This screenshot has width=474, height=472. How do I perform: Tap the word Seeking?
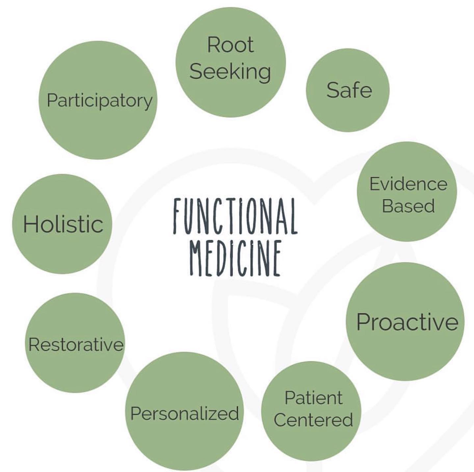click(230, 71)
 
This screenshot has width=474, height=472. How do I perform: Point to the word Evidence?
click(408, 184)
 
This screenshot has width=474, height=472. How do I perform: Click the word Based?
click(408, 206)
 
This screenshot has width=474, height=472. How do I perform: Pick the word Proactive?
click(407, 322)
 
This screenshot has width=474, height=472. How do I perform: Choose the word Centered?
click(313, 420)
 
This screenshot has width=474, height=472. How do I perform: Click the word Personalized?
click(185, 414)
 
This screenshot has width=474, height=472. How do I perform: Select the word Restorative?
click(76, 345)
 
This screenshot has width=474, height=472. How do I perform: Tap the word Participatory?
click(99, 100)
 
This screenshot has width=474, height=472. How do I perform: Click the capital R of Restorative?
click(34, 345)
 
